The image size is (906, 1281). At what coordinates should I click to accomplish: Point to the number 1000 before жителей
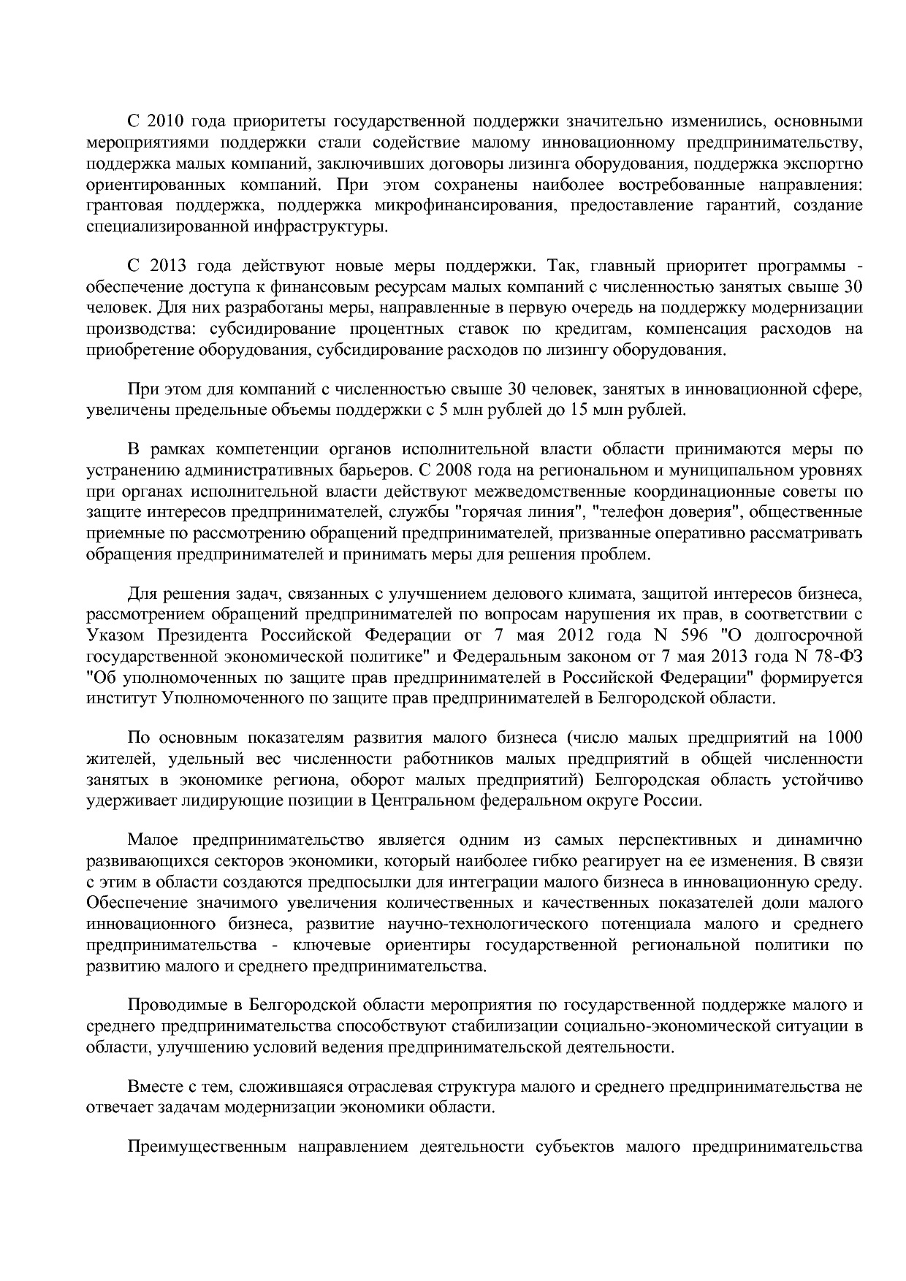coord(844,738)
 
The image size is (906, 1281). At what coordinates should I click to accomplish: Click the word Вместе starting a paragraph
coord(155,1087)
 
